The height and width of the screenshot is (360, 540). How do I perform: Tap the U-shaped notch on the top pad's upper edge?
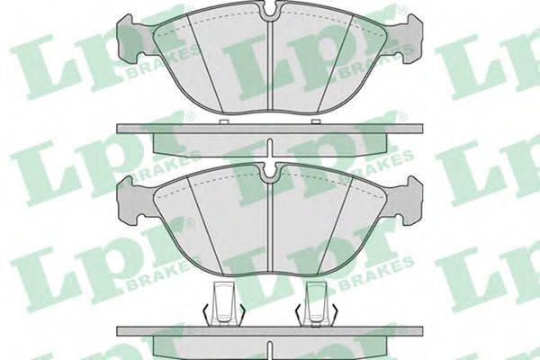[270, 11]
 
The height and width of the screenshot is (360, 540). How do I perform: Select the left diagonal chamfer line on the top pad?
[205, 64]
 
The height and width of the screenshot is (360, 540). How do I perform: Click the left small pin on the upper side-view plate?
[224, 121]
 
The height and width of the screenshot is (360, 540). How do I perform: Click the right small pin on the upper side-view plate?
[316, 121]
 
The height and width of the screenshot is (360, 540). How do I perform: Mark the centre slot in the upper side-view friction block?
[270, 148]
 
